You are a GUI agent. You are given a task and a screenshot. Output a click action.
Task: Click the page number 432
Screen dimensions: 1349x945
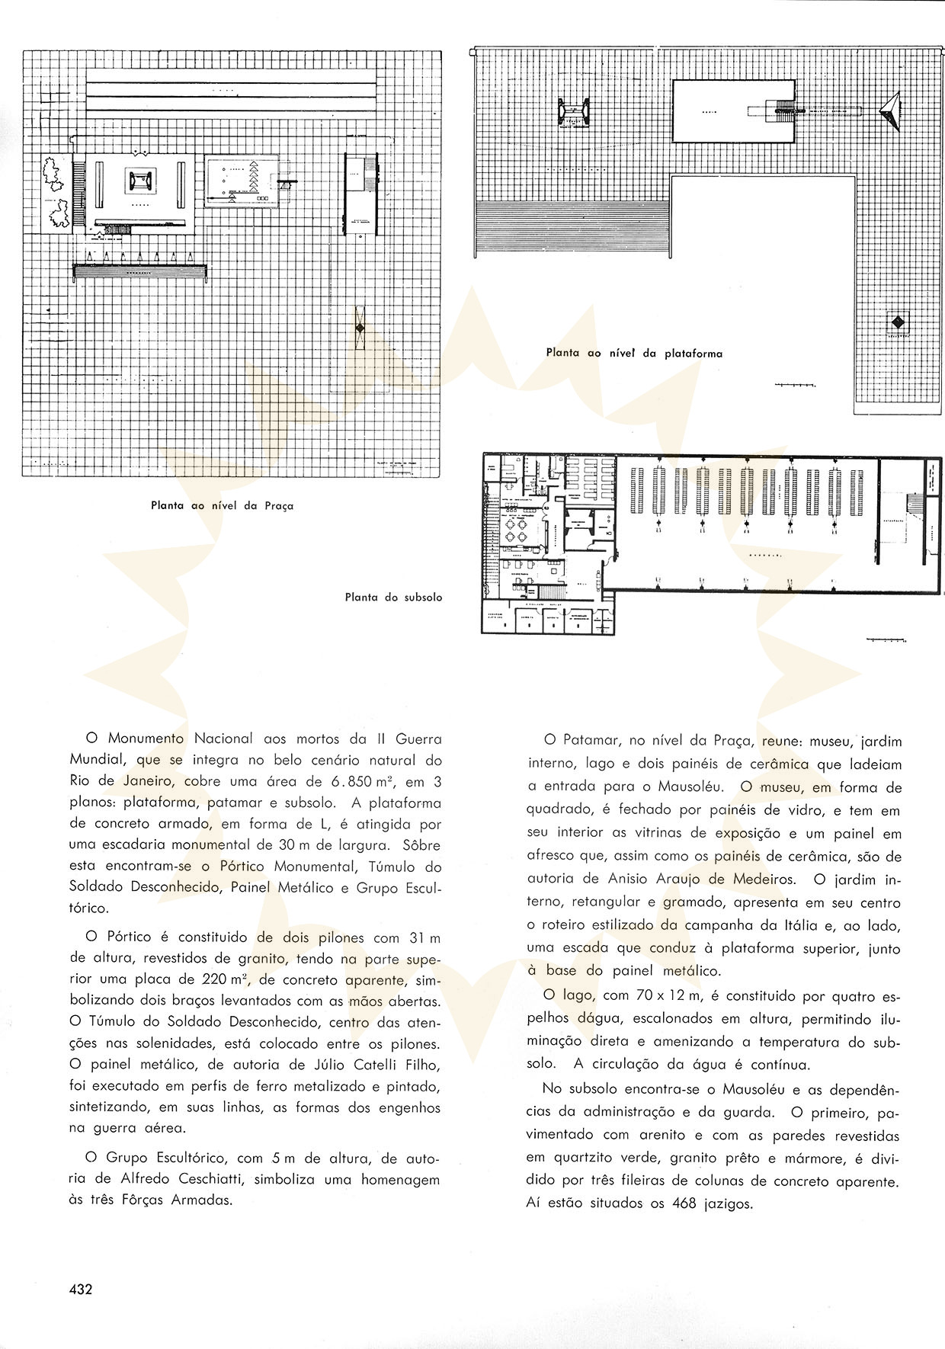pos(80,1290)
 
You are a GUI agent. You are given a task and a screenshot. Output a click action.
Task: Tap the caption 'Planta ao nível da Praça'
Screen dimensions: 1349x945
pos(222,505)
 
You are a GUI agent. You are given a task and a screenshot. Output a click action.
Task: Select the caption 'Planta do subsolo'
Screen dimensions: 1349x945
pos(393,597)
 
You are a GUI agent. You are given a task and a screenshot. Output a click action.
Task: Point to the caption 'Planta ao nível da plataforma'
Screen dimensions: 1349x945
pos(634,353)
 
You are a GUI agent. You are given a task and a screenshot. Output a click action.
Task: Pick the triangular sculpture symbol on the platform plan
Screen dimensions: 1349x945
pos(890,112)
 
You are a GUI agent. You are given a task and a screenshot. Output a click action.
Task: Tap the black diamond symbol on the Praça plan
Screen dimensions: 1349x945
pos(359,328)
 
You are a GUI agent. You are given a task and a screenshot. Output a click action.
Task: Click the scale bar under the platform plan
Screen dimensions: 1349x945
pos(796,386)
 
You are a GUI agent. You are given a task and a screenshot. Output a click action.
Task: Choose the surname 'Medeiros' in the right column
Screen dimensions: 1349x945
pos(763,879)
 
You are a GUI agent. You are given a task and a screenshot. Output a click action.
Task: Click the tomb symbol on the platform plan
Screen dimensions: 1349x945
pos(573,113)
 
